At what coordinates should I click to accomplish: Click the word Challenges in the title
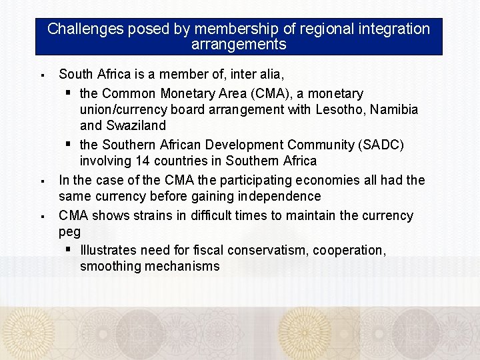(x=85, y=29)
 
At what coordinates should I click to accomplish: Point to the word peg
(x=69, y=232)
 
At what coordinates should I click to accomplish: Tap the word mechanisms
(x=180, y=267)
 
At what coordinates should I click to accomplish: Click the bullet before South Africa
(x=41, y=75)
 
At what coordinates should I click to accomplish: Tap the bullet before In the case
(x=41, y=181)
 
